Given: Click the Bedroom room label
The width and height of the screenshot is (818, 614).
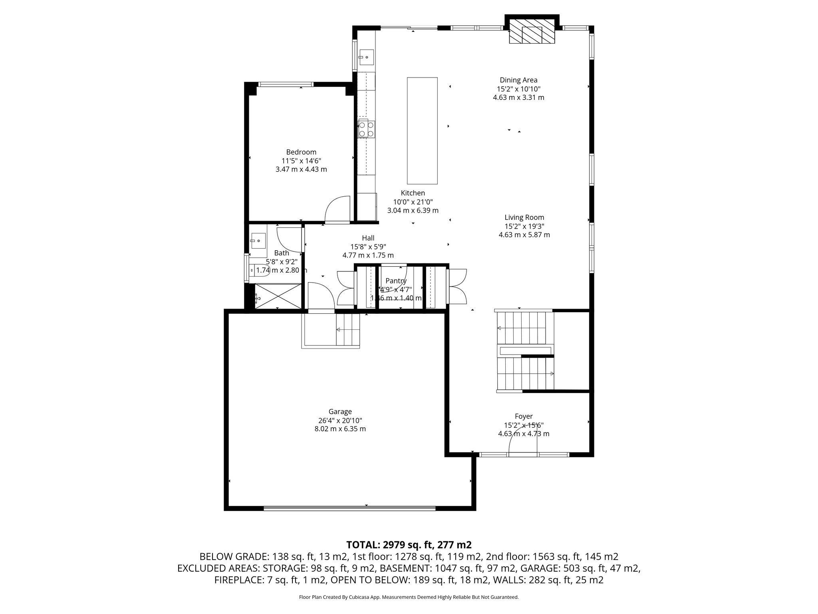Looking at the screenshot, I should [x=301, y=152].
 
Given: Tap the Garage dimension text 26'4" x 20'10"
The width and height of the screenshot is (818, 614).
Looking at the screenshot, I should [x=340, y=421].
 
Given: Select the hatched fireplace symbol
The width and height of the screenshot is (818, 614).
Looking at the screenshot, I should [x=532, y=31].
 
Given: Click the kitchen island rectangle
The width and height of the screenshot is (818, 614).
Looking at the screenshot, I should [x=422, y=130].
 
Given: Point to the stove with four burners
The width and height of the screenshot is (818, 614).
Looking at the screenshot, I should [x=366, y=129].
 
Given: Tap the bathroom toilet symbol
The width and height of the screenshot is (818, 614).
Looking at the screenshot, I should [x=260, y=271].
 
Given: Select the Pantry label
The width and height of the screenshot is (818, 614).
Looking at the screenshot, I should [x=396, y=281].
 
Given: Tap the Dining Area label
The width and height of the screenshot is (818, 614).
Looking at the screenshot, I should [x=518, y=80].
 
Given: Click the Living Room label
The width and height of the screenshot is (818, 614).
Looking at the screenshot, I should [x=524, y=217].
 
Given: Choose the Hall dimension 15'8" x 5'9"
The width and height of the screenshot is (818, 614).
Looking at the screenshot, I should [x=368, y=247].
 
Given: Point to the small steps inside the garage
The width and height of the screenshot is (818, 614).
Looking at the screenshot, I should [x=347, y=330].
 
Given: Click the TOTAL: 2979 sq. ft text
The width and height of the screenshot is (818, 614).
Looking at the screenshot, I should [x=409, y=545].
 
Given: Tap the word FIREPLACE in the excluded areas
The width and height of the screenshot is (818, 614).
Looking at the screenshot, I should [x=238, y=580].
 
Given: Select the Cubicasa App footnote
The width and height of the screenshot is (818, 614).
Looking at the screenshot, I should [x=409, y=597].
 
